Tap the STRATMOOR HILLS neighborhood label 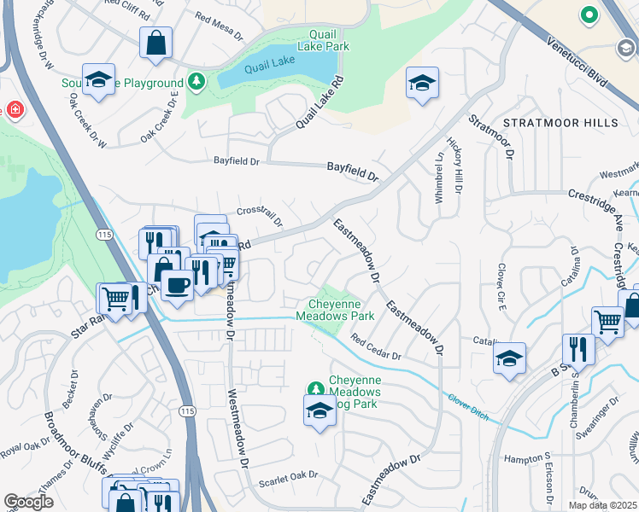click(x=560, y=124)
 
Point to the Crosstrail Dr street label click(x=260, y=215)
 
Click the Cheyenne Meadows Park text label click(x=336, y=310)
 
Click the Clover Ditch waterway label click(x=468, y=399)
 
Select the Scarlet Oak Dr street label click(x=289, y=476)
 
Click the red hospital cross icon click(x=13, y=109)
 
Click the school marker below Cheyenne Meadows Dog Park click(x=319, y=411)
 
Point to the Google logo click(x=28, y=502)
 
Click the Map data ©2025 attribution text click(x=603, y=505)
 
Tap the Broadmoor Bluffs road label click(x=76, y=451)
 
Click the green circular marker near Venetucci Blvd click(x=589, y=15)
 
